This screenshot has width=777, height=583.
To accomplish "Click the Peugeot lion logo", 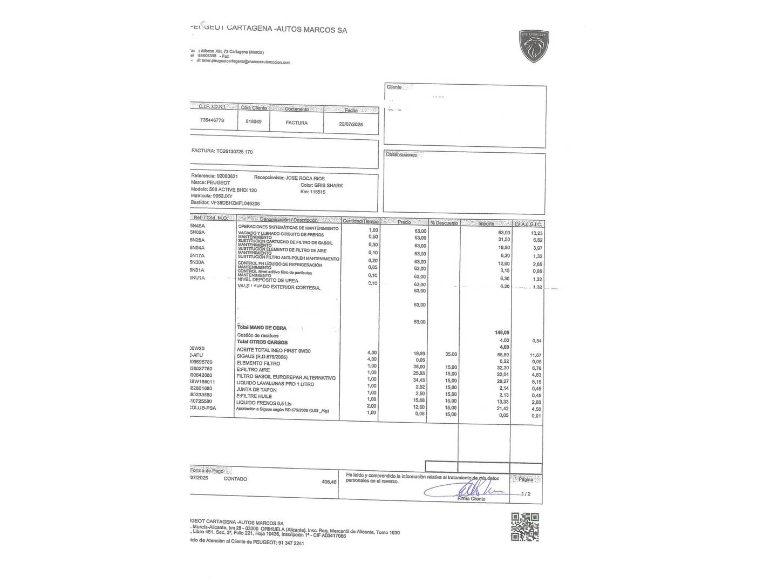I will [534, 46].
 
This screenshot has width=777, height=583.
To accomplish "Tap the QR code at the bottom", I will [524, 527].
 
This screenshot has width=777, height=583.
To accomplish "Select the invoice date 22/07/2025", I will [351, 124].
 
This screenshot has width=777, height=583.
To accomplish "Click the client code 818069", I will [253, 121].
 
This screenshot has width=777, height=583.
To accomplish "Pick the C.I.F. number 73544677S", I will [212, 120].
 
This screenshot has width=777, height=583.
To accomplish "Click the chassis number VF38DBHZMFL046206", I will [235, 204].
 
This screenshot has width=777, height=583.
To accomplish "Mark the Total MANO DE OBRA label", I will [262, 328].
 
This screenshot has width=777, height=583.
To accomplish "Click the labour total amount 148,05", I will [502, 333].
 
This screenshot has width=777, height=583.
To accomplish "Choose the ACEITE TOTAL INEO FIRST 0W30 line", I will [274, 351].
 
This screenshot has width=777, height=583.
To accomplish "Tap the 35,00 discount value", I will [450, 354].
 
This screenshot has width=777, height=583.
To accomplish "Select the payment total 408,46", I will [329, 482].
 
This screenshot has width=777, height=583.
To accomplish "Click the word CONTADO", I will [235, 479].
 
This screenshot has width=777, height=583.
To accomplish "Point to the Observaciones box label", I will [401, 155].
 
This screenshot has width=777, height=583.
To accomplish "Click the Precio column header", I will [404, 222].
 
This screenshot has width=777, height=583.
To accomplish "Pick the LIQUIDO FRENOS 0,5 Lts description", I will [264, 403].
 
